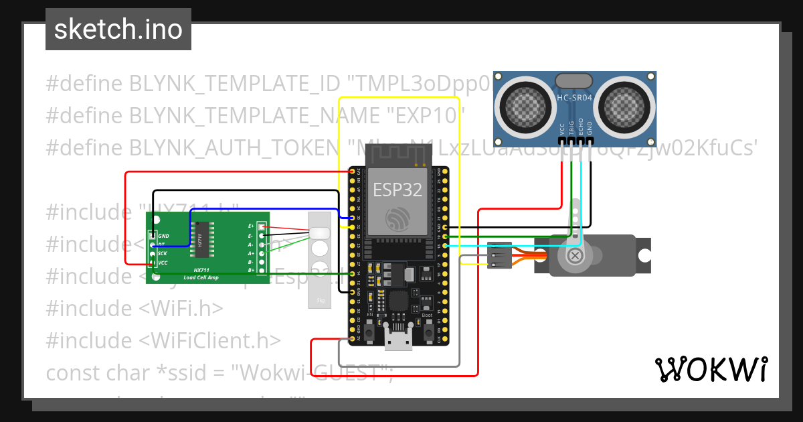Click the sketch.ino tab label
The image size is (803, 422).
[x=118, y=29]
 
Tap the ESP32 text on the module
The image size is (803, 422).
[x=397, y=190]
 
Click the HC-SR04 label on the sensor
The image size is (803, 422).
[x=574, y=98]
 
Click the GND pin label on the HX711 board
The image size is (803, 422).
[x=163, y=236]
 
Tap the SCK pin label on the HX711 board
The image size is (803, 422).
[x=162, y=254]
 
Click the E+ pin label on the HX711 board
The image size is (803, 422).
[x=251, y=226]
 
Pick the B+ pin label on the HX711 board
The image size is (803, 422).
[x=251, y=270]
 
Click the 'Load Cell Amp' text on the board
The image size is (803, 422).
[x=201, y=277]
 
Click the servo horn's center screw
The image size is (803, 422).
[x=574, y=256]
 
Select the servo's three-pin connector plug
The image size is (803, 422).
[x=499, y=256]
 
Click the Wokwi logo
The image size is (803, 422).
[x=711, y=369]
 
